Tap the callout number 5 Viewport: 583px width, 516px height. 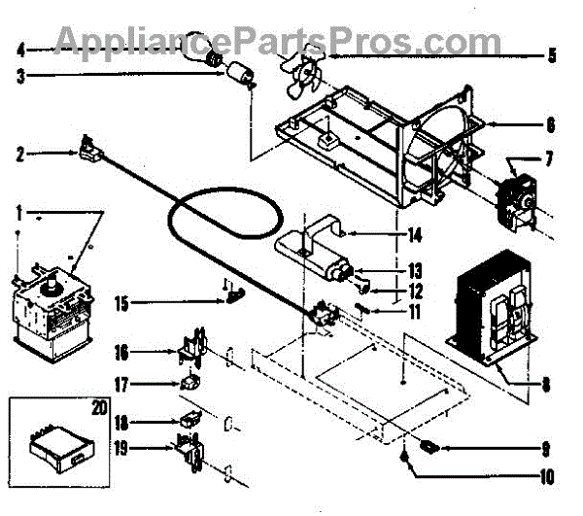(x=551, y=55)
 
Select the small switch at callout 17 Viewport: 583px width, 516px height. (x=190, y=384)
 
